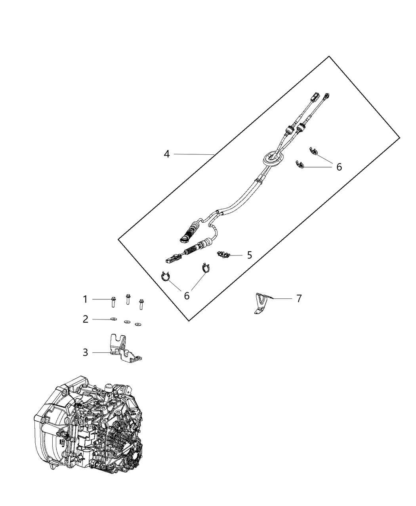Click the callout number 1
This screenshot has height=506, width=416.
click(85, 299)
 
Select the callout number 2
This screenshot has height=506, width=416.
click(86, 319)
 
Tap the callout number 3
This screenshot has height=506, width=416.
click(86, 352)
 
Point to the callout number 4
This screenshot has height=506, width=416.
click(167, 154)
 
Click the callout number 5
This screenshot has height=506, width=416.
click(250, 255)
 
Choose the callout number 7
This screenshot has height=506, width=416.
click(299, 298)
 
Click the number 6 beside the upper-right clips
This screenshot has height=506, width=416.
click(339, 167)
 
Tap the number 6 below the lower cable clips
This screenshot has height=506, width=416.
click(187, 296)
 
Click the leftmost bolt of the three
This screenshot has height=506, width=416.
click(113, 302)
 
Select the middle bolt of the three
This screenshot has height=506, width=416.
click(128, 299)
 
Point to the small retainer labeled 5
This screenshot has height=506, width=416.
click(223, 255)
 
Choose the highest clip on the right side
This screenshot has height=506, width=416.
click(313, 151)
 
